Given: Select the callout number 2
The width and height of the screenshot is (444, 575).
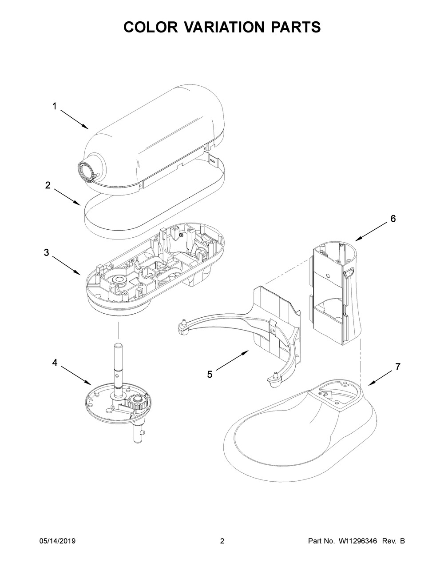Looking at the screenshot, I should click(48, 185).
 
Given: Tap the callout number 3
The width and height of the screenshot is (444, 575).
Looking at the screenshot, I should click(46, 253).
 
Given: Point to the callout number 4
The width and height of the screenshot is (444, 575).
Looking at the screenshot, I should click(55, 363).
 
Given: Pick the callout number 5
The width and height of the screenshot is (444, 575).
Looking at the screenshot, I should click(210, 374).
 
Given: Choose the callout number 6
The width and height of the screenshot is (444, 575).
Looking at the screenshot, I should click(393, 219).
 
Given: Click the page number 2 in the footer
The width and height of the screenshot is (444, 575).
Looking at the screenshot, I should click(222, 541).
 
